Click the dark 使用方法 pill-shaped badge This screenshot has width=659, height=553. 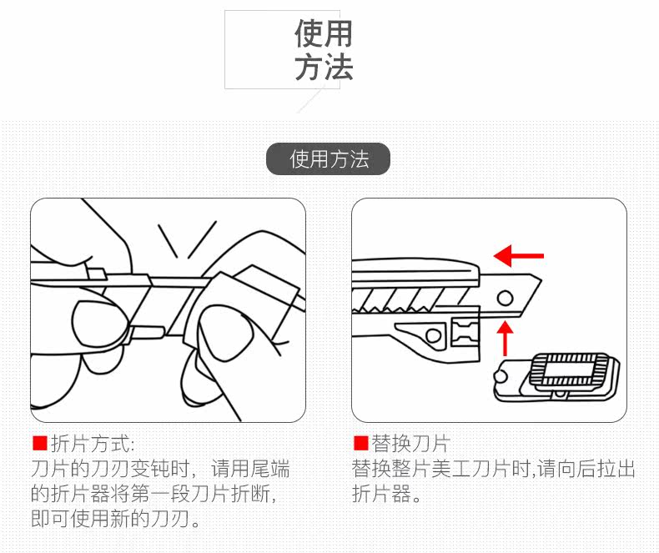329,159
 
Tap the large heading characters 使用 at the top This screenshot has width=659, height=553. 324,34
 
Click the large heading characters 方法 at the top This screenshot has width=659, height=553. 324,68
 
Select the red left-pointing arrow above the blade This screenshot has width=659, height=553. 518,254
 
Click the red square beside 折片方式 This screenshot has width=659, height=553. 38,443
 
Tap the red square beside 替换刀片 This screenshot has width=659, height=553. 360,443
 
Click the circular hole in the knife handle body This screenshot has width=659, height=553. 433,335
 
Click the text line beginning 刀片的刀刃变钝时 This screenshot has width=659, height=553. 160,469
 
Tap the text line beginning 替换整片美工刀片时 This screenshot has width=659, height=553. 493,469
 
